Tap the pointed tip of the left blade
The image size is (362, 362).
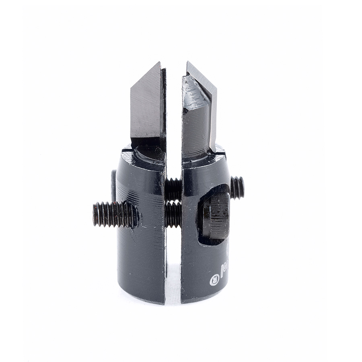159,62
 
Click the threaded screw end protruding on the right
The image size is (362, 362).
237,187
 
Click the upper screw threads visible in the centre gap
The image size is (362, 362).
173,189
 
